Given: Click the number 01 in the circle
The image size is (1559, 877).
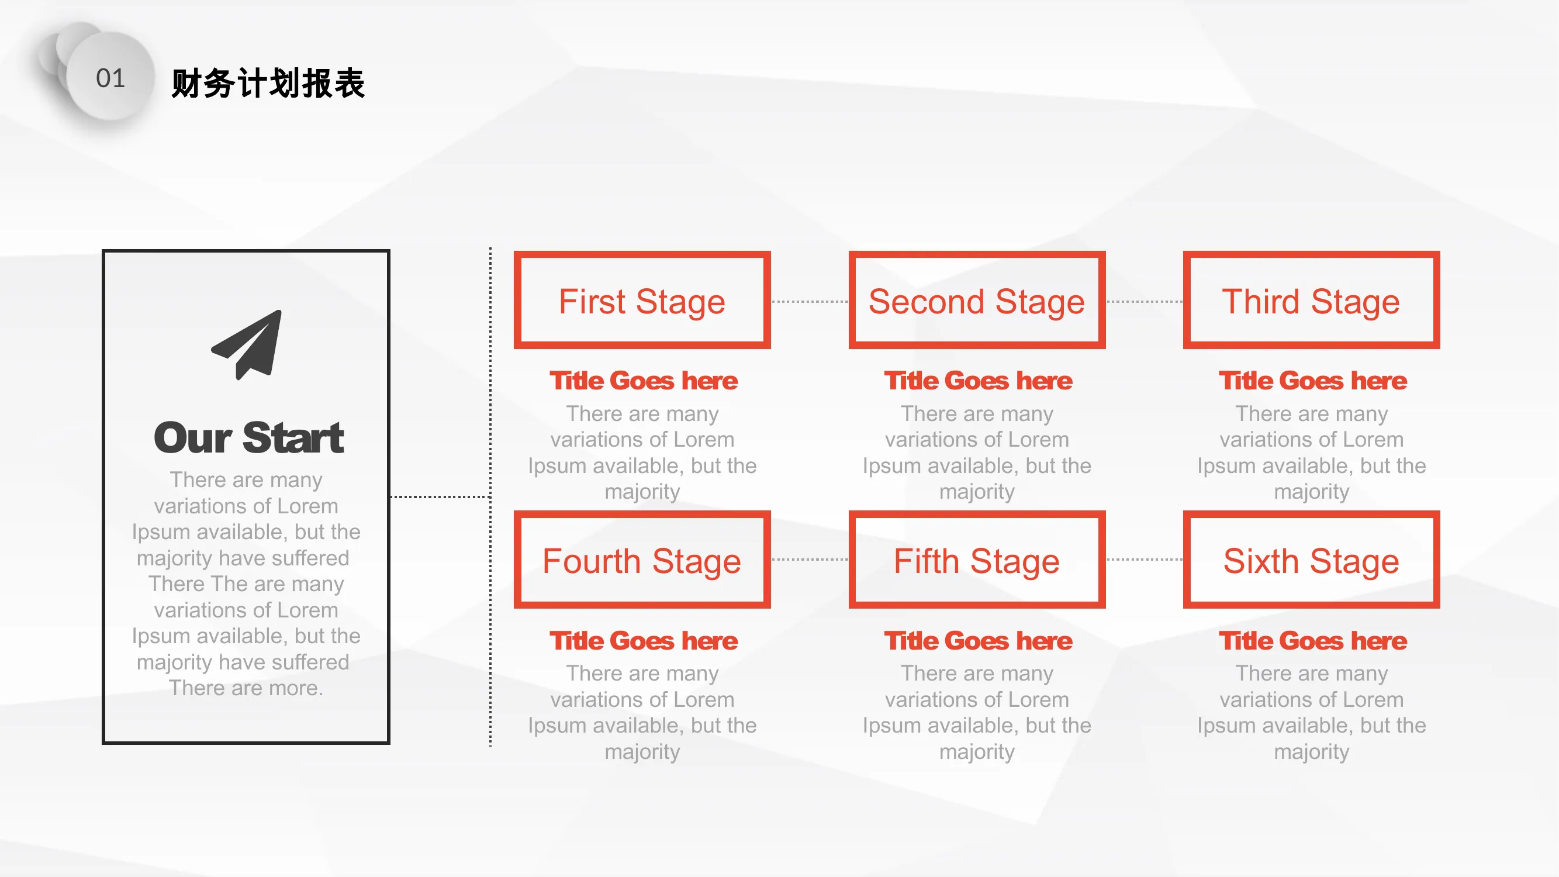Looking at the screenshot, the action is pyautogui.click(x=110, y=78).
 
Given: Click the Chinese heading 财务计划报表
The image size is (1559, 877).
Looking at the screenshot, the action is pyautogui.click(x=268, y=83).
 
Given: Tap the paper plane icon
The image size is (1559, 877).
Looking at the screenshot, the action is pyautogui.click(x=247, y=344).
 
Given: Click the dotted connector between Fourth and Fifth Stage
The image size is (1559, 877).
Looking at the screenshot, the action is pyautogui.click(x=810, y=560).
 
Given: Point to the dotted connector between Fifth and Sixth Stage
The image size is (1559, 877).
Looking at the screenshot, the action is pyautogui.click(x=1145, y=560).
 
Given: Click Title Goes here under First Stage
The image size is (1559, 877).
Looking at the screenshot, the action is pyautogui.click(x=644, y=381).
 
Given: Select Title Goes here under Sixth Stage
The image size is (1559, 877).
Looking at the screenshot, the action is pyautogui.click(x=1313, y=640).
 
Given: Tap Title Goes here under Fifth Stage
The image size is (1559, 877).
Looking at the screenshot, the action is pyautogui.click(x=978, y=640).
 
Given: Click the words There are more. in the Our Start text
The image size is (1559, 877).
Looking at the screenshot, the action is pyautogui.click(x=246, y=688).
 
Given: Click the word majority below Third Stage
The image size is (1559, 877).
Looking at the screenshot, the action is pyautogui.click(x=1312, y=492).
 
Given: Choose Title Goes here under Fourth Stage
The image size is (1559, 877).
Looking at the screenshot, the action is pyautogui.click(x=644, y=640).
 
